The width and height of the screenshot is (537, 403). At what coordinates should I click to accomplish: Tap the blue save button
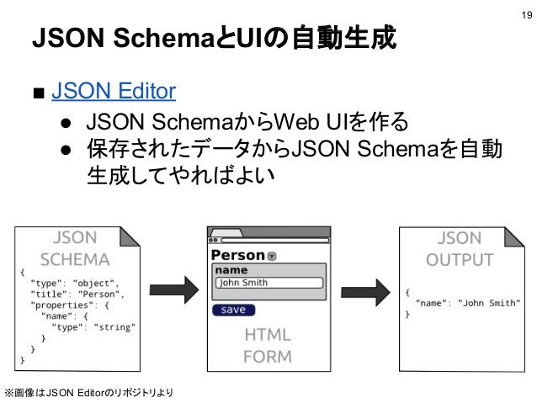coord(233,310)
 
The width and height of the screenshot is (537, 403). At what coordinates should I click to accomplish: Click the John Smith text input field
coord(268,283)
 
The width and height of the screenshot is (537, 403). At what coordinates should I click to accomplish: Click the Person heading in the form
coord(238,255)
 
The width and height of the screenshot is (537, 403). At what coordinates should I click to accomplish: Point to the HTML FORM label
coord(268,345)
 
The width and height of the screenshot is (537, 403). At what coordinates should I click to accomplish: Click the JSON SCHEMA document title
coord(75,248)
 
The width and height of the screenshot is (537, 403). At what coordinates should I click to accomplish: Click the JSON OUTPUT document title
coord(459,248)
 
